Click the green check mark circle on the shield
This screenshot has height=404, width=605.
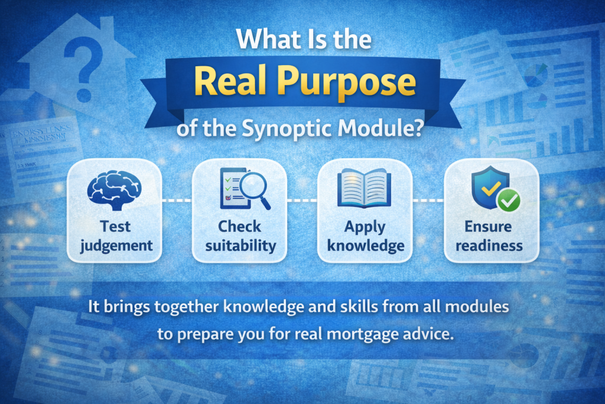click(508, 203)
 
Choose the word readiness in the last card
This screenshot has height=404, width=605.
click(489, 245)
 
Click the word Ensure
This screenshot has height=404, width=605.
click(489, 227)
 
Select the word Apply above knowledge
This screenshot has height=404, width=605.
click(365, 227)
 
